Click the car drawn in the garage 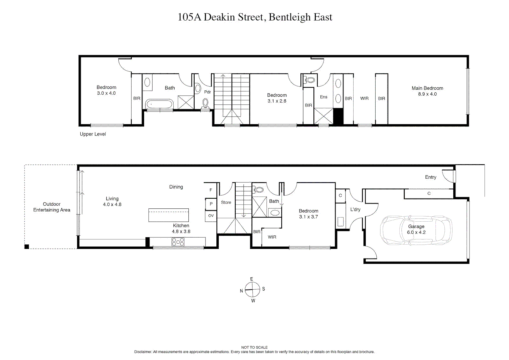(416, 230)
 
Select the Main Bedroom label (427, 88)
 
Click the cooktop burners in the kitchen (178, 242)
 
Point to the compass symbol (252, 289)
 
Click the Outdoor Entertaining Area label (52, 207)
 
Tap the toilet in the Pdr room (206, 103)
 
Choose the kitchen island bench (168, 215)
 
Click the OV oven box (211, 216)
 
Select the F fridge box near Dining (211, 190)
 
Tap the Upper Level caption (93, 134)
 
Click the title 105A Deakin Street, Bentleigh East (255, 17)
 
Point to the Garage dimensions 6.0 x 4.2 (416, 232)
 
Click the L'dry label (355, 209)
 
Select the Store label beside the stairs (226, 202)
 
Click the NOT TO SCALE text (254, 347)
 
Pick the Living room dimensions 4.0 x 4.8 (112, 204)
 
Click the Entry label (430, 177)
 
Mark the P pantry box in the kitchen (211, 204)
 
